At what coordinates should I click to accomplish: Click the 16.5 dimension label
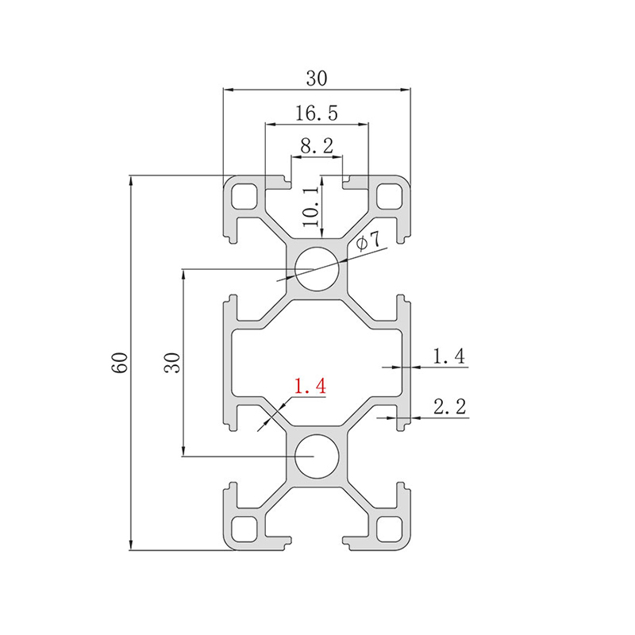(x=316, y=113)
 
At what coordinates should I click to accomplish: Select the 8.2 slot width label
(x=317, y=146)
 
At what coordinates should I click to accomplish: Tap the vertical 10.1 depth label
(x=311, y=206)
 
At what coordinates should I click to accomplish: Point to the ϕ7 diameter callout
(x=368, y=242)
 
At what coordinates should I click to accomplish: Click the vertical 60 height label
(x=121, y=363)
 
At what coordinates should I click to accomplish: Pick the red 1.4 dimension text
(x=310, y=386)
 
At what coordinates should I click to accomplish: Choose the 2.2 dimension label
(x=450, y=406)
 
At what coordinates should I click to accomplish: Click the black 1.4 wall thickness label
(x=448, y=356)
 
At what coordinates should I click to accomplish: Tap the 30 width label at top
(x=317, y=78)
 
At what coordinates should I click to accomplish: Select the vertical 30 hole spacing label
(x=172, y=363)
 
